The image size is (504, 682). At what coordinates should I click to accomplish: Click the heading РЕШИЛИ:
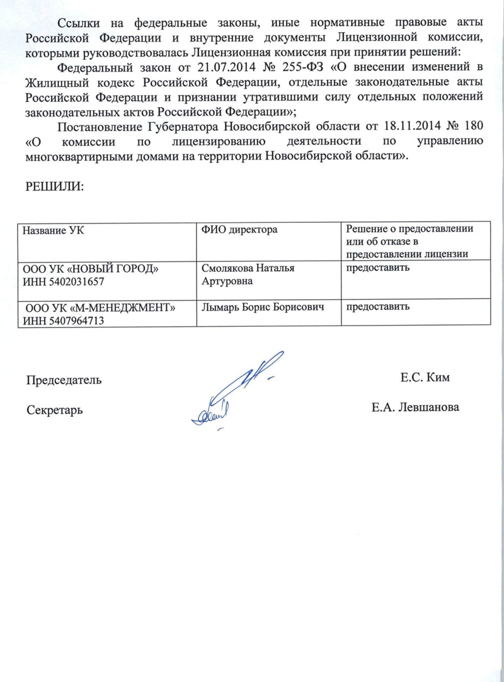[x=54, y=186]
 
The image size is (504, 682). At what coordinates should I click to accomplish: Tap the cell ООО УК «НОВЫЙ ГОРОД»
[x=91, y=269]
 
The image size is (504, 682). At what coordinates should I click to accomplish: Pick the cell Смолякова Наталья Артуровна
[x=249, y=275]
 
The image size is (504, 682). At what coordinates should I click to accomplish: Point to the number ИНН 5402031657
[x=64, y=281]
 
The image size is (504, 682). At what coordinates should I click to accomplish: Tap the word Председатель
[x=63, y=380]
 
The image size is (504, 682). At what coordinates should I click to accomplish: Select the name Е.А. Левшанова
[x=416, y=407]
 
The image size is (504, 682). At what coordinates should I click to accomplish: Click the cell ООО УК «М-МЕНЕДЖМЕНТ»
[x=100, y=308]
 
